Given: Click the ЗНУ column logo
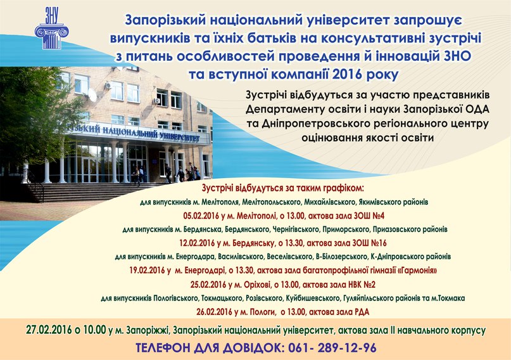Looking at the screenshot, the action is pos(51,29).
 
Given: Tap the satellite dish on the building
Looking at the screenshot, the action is pos(92,95).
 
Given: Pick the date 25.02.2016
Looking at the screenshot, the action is pos(208,285).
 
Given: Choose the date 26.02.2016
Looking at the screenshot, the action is pos(214,312).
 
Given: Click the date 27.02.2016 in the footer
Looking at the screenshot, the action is pos(49,330).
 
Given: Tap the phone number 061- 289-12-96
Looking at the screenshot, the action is pos(332,348).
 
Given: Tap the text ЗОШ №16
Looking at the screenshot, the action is pos(370,243).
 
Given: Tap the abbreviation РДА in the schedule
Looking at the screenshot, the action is pos(362,312).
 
